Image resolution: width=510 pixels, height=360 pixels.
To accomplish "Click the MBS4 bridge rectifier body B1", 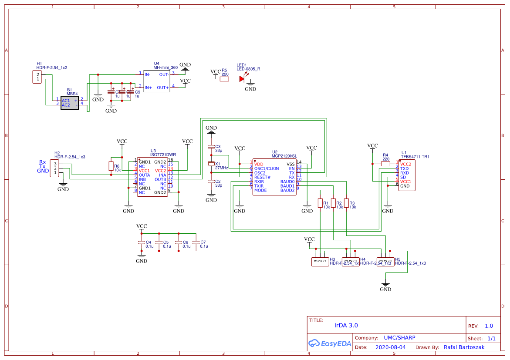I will (70, 103).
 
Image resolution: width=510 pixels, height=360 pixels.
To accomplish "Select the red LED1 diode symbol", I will (242, 79).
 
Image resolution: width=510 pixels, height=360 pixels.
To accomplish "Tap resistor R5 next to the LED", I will (224, 79).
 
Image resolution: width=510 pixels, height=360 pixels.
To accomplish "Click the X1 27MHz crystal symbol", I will (211, 164).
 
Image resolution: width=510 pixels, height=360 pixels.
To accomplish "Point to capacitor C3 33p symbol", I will (211, 147).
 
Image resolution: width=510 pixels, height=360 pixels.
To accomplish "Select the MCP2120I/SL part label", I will (284, 156).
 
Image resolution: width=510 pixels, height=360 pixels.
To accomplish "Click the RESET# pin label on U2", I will (263, 177).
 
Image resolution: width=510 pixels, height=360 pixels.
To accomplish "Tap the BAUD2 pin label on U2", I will (287, 190).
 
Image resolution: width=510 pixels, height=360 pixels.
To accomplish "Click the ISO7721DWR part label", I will (163, 155).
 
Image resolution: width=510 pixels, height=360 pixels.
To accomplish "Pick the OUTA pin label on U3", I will (145, 175).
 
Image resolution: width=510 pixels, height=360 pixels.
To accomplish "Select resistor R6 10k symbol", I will (111, 166).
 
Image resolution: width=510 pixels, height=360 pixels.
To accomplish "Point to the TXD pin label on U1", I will (405, 168).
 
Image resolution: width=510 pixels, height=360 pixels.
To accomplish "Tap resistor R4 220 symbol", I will (385, 164).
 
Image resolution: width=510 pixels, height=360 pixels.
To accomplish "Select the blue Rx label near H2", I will (43, 162).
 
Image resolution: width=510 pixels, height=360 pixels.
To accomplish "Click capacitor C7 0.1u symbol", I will (196, 242).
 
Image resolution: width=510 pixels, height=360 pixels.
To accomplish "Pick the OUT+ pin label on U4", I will (162, 87).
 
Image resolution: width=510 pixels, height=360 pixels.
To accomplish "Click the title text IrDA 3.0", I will (346, 325).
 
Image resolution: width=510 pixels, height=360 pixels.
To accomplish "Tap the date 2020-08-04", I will (390, 347).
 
